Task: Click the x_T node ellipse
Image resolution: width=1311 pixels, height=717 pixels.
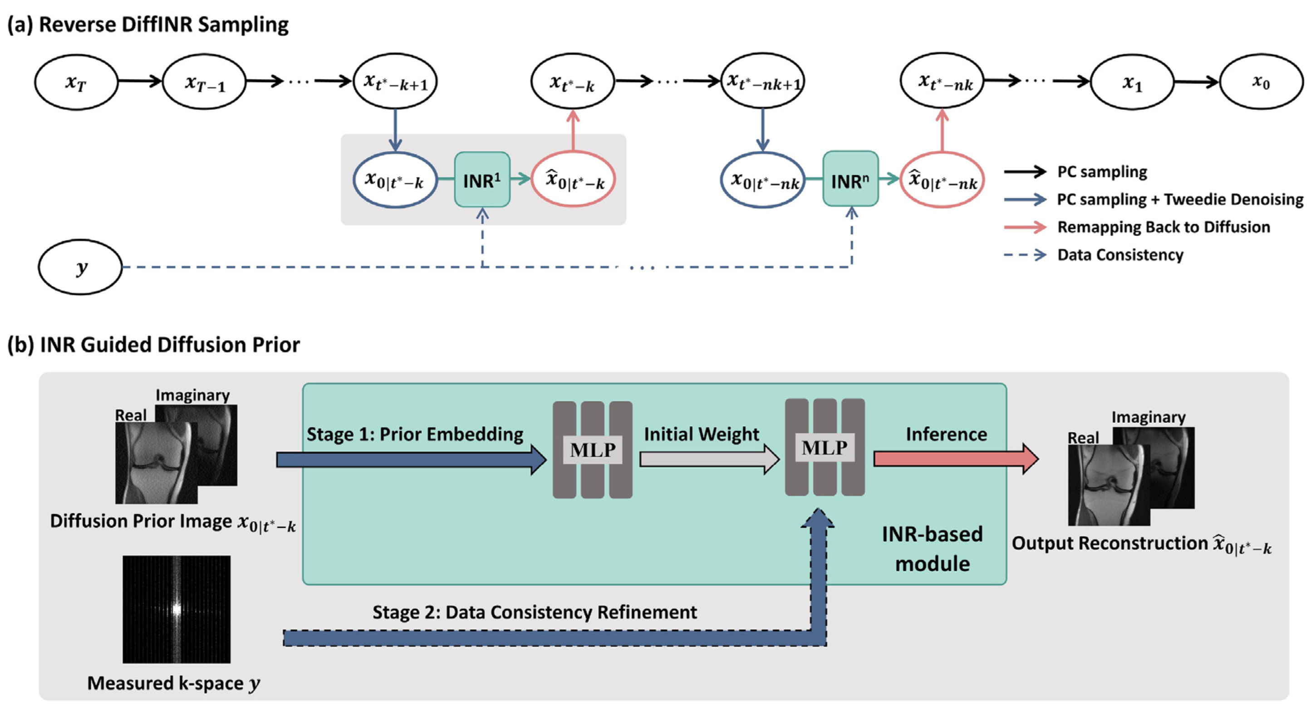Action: click(76, 82)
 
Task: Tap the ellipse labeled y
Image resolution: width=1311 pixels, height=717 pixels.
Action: click(80, 267)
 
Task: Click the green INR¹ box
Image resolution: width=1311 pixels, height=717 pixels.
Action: click(482, 180)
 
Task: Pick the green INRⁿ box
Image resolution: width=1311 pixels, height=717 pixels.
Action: click(850, 180)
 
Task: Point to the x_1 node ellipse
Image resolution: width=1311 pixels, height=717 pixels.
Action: click(1132, 82)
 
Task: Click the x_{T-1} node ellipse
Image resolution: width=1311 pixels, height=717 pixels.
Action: click(204, 82)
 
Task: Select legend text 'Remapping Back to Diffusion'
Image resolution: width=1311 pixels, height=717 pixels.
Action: click(1164, 227)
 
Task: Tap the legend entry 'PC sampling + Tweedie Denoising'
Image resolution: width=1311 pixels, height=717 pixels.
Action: click(1180, 200)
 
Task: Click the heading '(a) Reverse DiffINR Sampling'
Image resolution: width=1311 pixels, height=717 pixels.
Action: click(148, 25)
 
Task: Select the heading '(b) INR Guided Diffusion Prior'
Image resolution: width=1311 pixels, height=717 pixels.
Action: click(153, 345)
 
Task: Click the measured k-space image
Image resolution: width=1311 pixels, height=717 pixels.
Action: click(177, 609)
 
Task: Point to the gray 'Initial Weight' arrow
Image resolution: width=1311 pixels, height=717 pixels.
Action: click(709, 459)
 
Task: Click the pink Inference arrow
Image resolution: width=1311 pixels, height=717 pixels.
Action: click(955, 458)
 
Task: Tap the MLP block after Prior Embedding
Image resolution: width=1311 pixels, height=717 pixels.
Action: click(592, 450)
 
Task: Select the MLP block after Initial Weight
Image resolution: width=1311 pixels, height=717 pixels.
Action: click(825, 448)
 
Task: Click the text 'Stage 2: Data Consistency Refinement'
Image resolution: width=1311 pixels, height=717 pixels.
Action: click(535, 612)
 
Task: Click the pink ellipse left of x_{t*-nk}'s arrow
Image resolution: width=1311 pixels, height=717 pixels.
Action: click(942, 180)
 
